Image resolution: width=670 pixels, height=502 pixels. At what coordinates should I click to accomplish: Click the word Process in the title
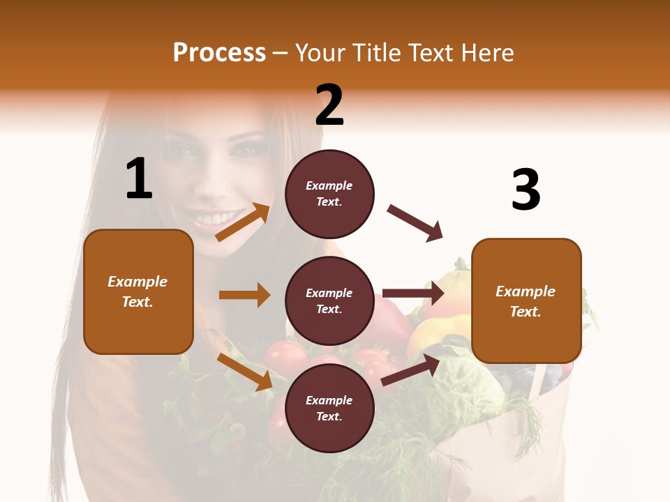[x=219, y=52]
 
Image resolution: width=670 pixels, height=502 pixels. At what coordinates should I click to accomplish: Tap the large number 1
[x=139, y=179]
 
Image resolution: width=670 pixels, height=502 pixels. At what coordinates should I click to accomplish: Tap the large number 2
[x=329, y=105]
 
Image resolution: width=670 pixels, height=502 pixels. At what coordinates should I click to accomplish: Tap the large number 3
[x=526, y=190]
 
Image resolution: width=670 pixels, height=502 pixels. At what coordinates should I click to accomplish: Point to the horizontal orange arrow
[x=244, y=295]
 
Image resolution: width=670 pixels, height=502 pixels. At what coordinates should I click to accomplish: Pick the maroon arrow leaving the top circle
[x=415, y=223]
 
